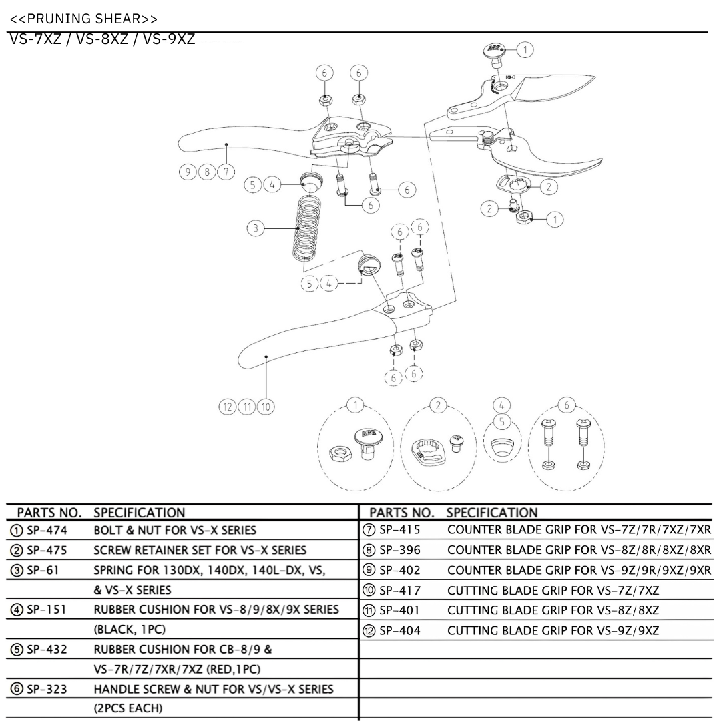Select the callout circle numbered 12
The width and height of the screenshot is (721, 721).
click(x=228, y=405)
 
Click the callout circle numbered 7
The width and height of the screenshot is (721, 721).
click(x=227, y=172)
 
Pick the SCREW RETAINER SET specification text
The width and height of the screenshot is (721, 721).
click(x=200, y=551)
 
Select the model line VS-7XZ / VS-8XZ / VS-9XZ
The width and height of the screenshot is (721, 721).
click(x=102, y=39)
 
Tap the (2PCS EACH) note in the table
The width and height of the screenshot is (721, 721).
click(x=128, y=708)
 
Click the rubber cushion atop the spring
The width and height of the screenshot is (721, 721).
click(x=310, y=179)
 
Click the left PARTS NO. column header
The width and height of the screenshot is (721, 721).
click(x=49, y=513)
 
